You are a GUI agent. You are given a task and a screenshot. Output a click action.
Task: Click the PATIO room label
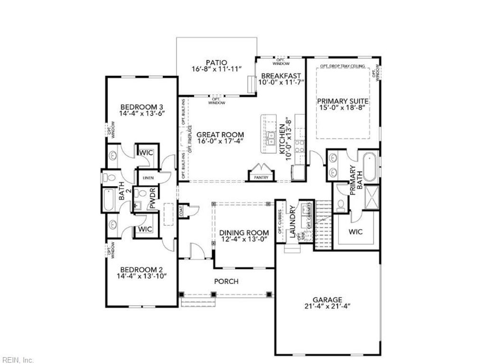pyautogui.click(x=216, y=62)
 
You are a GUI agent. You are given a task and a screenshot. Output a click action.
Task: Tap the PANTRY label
pyautogui.click(x=261, y=178)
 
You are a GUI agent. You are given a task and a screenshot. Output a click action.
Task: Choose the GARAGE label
pyautogui.click(x=327, y=300)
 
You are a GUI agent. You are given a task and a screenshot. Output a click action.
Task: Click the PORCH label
pyautogui.click(x=226, y=281)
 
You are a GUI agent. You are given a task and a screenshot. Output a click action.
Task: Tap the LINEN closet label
pyautogui.click(x=147, y=178)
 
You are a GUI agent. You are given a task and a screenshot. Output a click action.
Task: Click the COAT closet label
pyautogui.click(x=182, y=211)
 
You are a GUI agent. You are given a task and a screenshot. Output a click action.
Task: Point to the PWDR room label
pyautogui.click(x=153, y=200)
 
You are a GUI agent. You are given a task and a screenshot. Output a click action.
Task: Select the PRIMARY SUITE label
pyautogui.click(x=343, y=101)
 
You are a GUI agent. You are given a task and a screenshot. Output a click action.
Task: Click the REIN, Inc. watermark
pyautogui.click(x=18, y=360)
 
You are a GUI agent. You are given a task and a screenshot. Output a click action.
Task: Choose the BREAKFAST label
pyautogui.click(x=281, y=75)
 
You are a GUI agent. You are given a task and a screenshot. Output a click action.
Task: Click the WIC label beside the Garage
pyautogui.click(x=355, y=233)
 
